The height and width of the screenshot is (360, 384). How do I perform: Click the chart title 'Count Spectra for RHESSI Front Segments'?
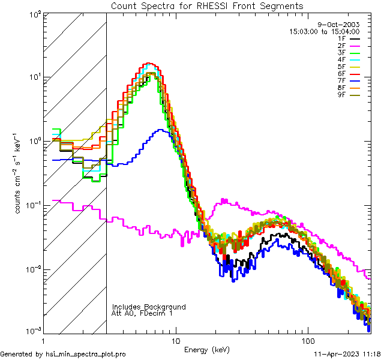click(x=207, y=6)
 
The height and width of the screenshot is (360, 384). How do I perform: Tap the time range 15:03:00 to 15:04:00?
click(x=324, y=31)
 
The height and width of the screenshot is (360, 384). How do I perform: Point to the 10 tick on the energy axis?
click(x=176, y=340)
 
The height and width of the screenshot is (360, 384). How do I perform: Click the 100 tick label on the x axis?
click(x=308, y=340)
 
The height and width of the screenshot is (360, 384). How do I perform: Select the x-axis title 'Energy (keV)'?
click(x=207, y=349)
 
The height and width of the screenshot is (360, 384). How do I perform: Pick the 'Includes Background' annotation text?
click(x=149, y=307)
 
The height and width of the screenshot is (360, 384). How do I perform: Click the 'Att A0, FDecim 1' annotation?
click(x=142, y=313)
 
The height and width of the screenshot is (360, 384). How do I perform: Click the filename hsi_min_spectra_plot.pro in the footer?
click(x=86, y=355)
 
